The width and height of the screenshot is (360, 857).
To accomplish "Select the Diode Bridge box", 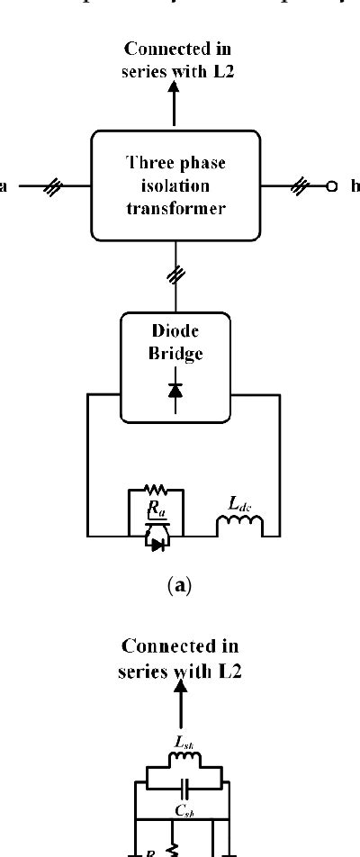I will [x=175, y=365].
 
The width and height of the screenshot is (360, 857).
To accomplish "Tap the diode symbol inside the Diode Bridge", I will [x=175, y=390].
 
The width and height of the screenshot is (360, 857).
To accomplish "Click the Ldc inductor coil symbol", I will [x=238, y=526].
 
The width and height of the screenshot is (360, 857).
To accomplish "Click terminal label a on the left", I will [x=4, y=186].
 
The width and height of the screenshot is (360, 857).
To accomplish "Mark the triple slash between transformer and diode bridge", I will [x=175, y=277].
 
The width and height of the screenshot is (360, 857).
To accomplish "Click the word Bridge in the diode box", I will [x=175, y=354].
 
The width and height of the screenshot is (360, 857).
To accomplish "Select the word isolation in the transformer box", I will [x=175, y=185].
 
